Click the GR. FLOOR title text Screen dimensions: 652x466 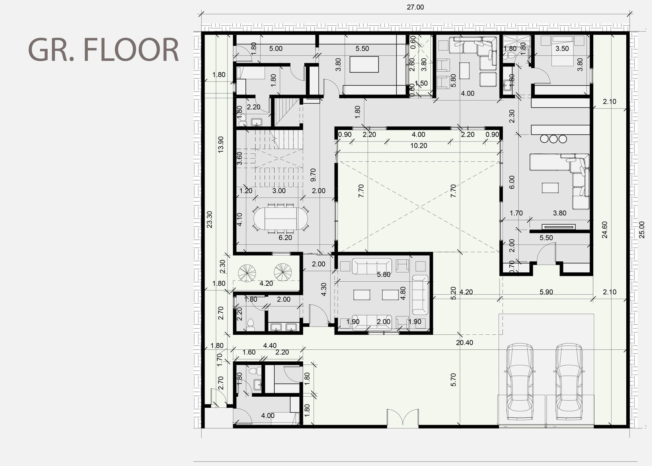(x=104, y=49)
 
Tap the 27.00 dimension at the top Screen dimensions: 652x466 (x=415, y=7)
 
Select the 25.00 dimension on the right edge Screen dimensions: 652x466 (x=641, y=230)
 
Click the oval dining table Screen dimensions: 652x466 (x=281, y=219)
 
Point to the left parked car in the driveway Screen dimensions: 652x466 (x=520, y=382)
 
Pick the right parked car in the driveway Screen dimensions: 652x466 (x=569, y=382)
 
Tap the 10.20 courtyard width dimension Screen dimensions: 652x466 (x=419, y=146)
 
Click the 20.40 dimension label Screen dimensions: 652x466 (x=464, y=343)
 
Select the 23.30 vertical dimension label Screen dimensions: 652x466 (x=209, y=219)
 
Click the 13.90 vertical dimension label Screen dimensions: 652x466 (x=221, y=144)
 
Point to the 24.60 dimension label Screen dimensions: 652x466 (x=605, y=230)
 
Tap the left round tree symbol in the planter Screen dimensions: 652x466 (x=247, y=273)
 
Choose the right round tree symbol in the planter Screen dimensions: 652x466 (x=283, y=272)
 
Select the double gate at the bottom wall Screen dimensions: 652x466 (x=403, y=418)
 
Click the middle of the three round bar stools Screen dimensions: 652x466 (x=553, y=139)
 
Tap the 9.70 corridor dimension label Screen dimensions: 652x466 (x=313, y=175)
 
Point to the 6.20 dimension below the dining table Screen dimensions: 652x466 (x=285, y=238)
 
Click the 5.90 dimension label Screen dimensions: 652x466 (x=546, y=292)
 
